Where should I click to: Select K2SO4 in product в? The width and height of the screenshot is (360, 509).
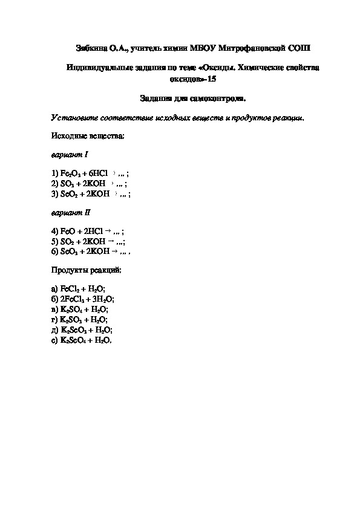point(71,309)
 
